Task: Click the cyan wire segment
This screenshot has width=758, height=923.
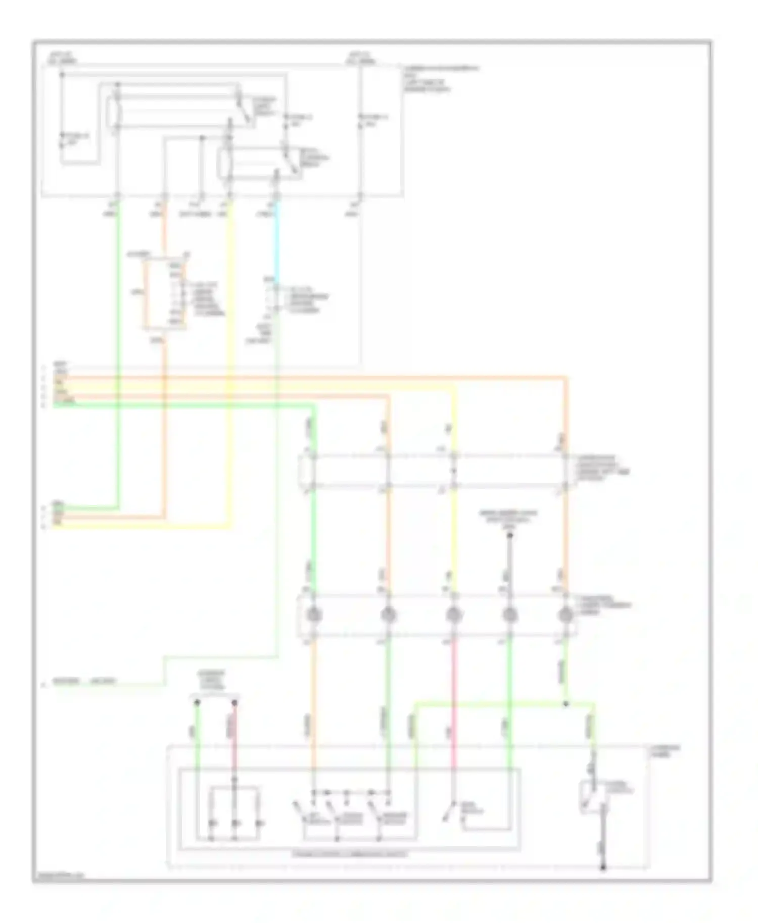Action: point(276,242)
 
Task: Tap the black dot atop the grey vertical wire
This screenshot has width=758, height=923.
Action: point(509,535)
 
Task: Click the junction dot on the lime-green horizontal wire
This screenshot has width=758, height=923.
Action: point(565,703)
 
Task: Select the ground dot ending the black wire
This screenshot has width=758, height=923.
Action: point(603,868)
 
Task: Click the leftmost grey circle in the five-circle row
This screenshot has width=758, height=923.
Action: point(313,614)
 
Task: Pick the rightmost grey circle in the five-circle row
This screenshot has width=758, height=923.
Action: point(565,614)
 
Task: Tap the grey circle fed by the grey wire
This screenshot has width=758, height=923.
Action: point(509,614)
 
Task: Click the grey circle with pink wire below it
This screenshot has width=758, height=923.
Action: point(453,614)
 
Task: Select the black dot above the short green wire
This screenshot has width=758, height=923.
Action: point(197,702)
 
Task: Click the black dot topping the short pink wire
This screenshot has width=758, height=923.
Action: point(234,702)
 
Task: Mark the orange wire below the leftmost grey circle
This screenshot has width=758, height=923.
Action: point(313,707)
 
